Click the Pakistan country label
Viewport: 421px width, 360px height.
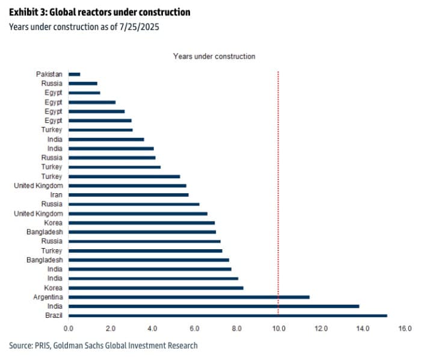tap(49, 74)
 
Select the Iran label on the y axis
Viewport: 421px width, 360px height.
tap(56, 194)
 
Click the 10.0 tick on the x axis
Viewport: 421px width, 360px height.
tap(278, 329)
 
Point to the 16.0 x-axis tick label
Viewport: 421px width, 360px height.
tap(404, 329)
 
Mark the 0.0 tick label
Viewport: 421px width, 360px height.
tap(68, 329)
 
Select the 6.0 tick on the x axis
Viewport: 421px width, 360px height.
tap(194, 329)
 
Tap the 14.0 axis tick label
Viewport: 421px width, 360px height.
tap(362, 329)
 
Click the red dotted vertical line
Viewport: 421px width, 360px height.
tap(278, 181)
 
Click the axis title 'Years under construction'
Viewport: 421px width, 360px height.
tap(214, 56)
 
